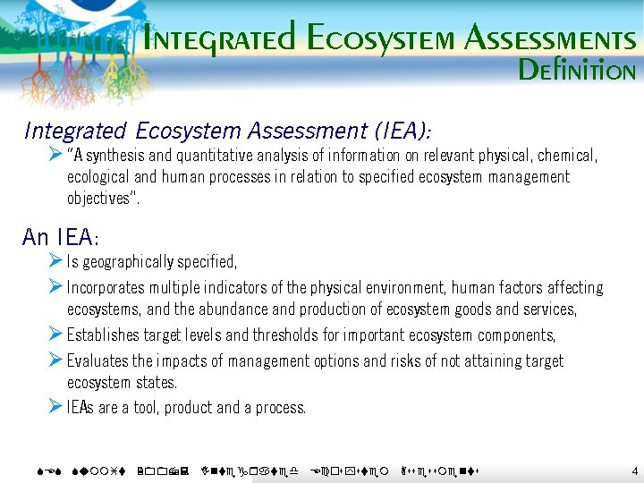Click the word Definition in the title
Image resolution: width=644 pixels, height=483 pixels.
[x=577, y=70]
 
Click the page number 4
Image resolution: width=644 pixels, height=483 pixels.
[x=634, y=470]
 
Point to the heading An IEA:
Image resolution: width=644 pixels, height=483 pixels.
[x=61, y=237]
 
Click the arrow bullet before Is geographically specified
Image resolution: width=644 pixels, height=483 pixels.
[x=55, y=261]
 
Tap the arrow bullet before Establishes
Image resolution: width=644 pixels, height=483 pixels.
[x=55, y=335]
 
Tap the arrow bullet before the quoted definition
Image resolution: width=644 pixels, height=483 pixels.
[x=55, y=155]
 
